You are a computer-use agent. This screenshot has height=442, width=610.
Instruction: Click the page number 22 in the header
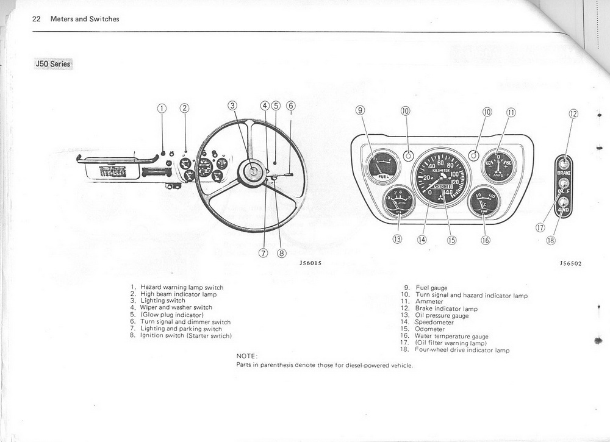click(x=36, y=19)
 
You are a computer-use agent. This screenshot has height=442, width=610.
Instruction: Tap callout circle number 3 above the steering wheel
click(x=232, y=105)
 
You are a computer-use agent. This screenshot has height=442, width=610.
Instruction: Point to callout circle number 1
click(x=162, y=108)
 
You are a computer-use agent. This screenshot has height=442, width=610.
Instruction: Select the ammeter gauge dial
click(x=499, y=166)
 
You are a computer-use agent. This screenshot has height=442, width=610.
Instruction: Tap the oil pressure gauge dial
click(x=399, y=202)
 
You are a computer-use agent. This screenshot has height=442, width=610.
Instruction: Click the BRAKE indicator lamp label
click(x=564, y=173)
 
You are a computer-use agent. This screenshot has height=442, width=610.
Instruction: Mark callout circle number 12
click(x=573, y=113)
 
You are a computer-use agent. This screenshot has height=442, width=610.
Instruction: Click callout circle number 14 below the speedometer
click(x=422, y=240)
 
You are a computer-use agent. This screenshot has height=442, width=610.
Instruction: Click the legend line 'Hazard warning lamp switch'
click(x=182, y=287)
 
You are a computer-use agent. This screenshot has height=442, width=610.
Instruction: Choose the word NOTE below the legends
click(x=247, y=355)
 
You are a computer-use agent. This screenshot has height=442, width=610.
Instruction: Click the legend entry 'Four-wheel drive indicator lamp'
click(x=462, y=350)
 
